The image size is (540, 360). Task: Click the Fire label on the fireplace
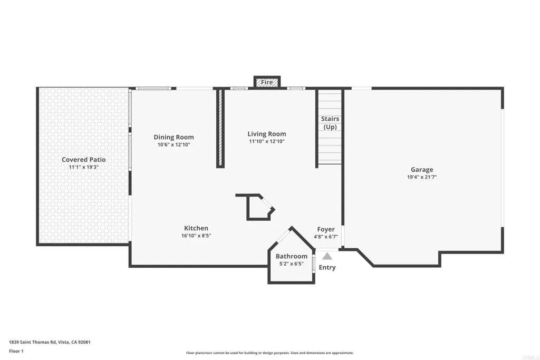click(267, 82)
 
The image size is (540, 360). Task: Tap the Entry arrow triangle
click(327, 256)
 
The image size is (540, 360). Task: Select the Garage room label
click(422, 170)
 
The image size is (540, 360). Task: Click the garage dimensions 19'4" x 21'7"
click(422, 178)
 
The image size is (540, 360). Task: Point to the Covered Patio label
click(84, 160)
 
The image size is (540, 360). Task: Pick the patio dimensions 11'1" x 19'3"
click(84, 167)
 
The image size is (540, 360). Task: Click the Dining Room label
click(173, 137)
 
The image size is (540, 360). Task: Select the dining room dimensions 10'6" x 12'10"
click(173, 144)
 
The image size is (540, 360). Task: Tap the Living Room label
click(267, 134)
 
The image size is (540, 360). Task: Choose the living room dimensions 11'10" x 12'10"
click(267, 141)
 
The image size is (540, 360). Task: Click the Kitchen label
click(196, 228)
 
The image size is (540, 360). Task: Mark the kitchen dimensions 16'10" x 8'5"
click(196, 236)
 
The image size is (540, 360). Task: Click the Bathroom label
click(291, 256)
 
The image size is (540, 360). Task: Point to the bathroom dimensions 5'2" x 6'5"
click(291, 264)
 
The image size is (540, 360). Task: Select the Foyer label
click(326, 229)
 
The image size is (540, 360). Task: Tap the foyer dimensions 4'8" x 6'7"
click(326, 237)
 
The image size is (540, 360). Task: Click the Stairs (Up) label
click(330, 123)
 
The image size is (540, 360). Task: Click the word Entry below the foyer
click(327, 267)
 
